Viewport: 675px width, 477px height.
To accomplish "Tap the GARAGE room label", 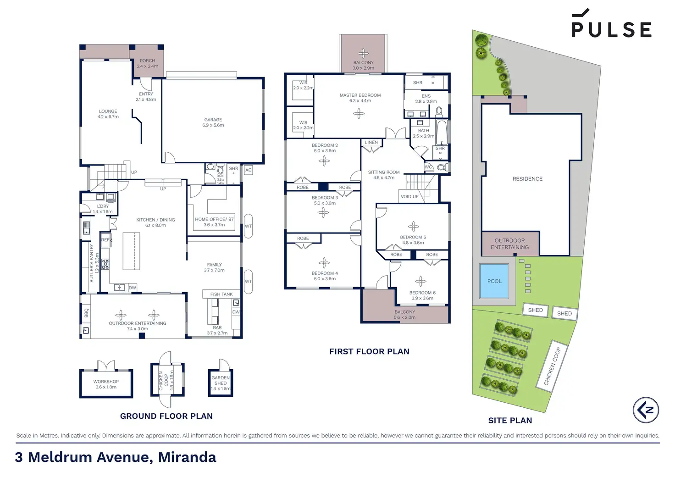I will [213, 120].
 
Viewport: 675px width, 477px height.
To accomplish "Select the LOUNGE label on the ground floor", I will [108, 111].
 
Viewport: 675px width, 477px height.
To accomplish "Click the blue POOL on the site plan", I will [494, 281].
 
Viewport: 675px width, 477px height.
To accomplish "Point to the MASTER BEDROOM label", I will [360, 95].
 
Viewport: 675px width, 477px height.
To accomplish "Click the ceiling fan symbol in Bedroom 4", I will [324, 263].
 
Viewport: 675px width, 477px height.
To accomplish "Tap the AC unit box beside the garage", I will [248, 170].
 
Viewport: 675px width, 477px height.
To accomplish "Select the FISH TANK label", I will [221, 294].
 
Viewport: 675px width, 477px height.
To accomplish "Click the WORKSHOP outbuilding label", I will [106, 382].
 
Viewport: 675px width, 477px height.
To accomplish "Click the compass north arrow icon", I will [646, 410].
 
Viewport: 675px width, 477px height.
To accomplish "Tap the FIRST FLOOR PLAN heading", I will [369, 352].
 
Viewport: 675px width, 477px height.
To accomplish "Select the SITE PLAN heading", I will [510, 421].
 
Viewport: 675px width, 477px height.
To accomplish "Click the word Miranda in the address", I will [187, 457].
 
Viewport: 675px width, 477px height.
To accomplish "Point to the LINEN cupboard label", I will [371, 143].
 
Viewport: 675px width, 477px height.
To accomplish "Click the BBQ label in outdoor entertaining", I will [86, 313].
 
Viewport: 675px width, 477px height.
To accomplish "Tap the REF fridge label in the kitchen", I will [105, 240].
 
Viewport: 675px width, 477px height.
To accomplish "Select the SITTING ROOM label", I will [384, 172].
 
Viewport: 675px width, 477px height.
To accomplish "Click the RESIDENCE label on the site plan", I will [527, 179].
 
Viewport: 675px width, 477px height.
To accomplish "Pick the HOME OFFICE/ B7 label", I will [214, 219].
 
